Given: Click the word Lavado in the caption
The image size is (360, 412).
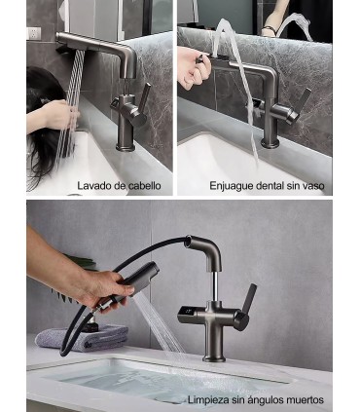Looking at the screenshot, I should pos(94,185).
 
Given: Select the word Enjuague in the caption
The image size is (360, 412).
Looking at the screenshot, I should pos(233,185).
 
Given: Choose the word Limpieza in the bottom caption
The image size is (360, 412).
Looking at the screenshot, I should pos(214,400).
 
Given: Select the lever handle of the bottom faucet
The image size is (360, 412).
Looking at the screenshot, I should pos(247,302).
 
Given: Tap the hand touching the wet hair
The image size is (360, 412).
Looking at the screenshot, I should pos(59,116).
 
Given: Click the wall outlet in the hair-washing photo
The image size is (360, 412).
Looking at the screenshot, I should pos(34,33).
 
